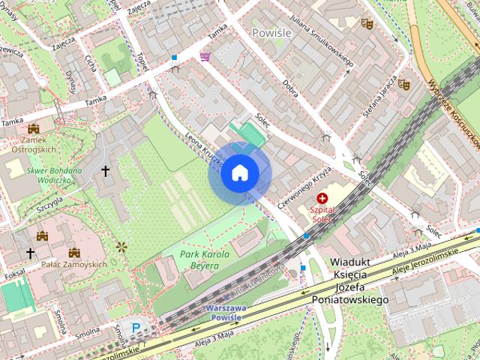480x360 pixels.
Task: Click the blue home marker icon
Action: click(x=240, y=173)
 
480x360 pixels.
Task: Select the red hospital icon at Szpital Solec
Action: click(x=323, y=199)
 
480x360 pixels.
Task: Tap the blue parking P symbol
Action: click(x=136, y=327)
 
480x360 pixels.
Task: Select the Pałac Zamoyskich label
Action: click(x=74, y=264)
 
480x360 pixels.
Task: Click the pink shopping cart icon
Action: click(x=205, y=56)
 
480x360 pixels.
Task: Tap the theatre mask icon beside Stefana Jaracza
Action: click(x=403, y=85)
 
